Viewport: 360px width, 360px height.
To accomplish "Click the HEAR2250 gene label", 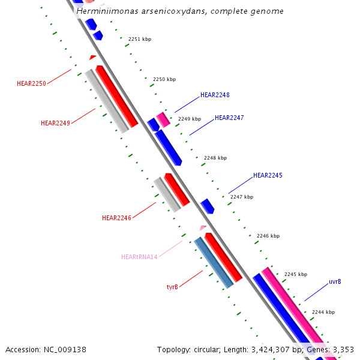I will click(x=31, y=83).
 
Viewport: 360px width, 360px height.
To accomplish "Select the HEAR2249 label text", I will click(x=55, y=123).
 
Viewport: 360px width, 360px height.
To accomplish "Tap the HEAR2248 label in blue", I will click(x=215, y=95).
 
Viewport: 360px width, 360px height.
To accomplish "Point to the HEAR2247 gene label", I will click(x=229, y=118).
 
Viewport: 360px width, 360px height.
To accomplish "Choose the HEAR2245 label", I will click(x=268, y=175).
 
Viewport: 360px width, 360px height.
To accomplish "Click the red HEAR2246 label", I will click(x=116, y=218).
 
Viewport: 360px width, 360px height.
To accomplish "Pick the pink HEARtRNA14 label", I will click(x=139, y=257).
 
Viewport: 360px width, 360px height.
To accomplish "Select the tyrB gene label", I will click(x=172, y=287).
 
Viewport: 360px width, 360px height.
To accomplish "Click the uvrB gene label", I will click(x=335, y=281).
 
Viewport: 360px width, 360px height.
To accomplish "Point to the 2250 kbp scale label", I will click(x=164, y=79).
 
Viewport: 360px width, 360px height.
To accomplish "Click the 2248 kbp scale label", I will click(x=215, y=158).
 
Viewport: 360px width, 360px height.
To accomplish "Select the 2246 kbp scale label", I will click(x=268, y=236).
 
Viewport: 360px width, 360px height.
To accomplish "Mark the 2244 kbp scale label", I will click(x=323, y=312).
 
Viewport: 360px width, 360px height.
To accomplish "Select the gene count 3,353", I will click(x=341, y=349).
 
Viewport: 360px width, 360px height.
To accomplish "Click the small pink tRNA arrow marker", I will click(x=203, y=228).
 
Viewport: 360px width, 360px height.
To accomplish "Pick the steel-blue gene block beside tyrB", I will click(x=213, y=262).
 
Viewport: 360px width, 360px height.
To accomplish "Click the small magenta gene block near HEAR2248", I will click(x=163, y=119).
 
